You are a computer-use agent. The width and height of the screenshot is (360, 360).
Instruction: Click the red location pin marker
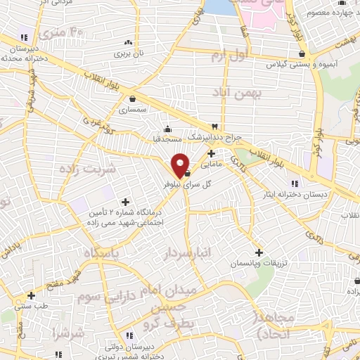(180, 165)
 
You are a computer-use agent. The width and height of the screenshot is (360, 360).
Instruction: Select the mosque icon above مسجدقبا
(167, 129)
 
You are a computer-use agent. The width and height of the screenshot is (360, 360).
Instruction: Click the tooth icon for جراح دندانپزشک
(214, 126)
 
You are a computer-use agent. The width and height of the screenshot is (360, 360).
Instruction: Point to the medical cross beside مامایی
(211, 153)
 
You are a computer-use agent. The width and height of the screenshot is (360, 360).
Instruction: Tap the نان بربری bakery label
(129, 53)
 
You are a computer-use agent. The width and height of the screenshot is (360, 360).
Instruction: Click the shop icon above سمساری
(133, 99)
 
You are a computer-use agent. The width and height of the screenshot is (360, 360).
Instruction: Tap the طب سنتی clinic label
(30, 306)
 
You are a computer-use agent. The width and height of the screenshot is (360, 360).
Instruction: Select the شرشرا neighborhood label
(67, 330)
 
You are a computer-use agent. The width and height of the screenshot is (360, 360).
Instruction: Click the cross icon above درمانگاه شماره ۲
(125, 202)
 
